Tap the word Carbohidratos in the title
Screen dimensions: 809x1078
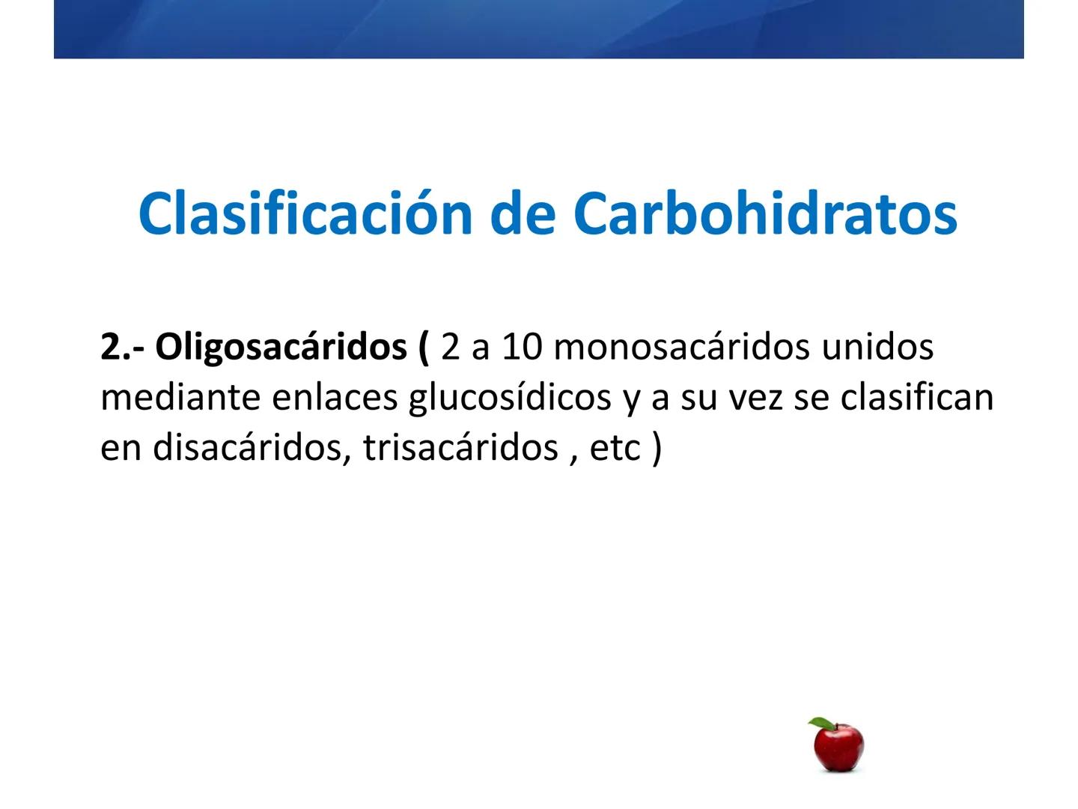coord(765,213)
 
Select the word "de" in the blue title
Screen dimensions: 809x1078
coord(523,213)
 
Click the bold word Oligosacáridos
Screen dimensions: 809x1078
coord(281,348)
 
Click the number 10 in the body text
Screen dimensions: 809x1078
coord(521,348)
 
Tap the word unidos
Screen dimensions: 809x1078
coord(877,348)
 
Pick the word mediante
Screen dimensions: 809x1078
coord(180,398)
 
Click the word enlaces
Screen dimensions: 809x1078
coord(335,398)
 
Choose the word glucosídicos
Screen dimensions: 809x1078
coord(510,398)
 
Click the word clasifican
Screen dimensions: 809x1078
coord(917,398)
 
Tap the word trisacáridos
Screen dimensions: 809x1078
coord(460,448)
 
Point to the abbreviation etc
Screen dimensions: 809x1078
coord(615,448)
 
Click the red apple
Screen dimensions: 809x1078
coord(839,748)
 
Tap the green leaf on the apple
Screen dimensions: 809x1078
coord(820,724)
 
